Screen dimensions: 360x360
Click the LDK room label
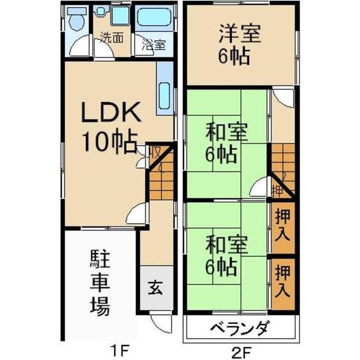(112, 112)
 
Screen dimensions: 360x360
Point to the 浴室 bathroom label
(154, 44)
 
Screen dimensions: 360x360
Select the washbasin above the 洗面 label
(120, 16)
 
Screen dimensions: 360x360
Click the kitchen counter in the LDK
(164, 89)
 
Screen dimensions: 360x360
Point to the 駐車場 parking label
(100, 283)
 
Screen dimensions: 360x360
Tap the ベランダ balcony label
(239, 329)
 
